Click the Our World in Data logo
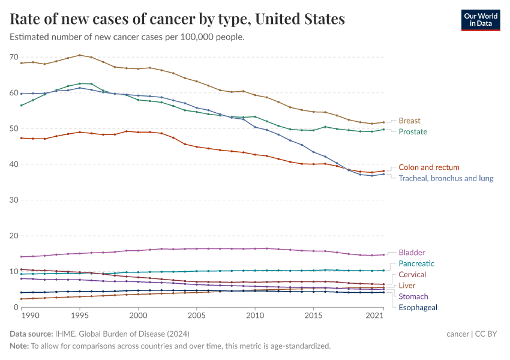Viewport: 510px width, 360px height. (x=480, y=20)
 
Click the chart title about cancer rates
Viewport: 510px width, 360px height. (x=178, y=19)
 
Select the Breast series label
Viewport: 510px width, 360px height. (x=410, y=121)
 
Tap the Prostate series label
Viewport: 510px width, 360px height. (x=413, y=131)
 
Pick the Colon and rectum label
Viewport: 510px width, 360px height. (x=429, y=167)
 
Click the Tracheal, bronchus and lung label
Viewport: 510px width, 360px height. (x=446, y=178)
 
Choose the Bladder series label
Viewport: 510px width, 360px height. (x=412, y=253)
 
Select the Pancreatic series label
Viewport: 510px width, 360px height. (x=416, y=263)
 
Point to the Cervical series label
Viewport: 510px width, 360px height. (x=412, y=274)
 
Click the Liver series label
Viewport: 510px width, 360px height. (x=407, y=286)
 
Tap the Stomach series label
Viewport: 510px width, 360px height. (x=413, y=296)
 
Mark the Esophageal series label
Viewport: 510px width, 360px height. (x=418, y=307)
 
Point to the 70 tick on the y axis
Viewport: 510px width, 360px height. (x=14, y=57)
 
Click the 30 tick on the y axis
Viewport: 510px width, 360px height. (x=14, y=200)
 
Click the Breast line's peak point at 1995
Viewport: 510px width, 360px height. (x=80, y=55)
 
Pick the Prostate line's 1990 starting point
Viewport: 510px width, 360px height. (x=22, y=106)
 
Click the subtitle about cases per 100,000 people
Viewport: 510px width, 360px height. (x=127, y=37)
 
